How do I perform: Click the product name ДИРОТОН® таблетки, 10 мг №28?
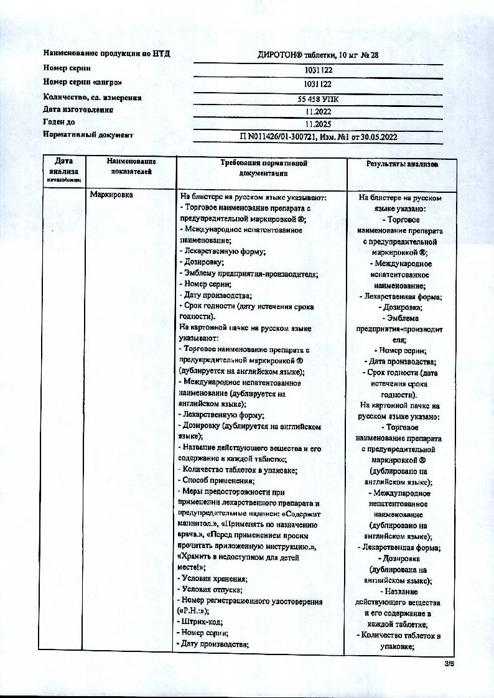pos(318,55)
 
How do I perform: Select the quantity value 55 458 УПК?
pos(318,99)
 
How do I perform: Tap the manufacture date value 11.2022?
pos(318,112)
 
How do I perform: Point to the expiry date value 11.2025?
pos(318,124)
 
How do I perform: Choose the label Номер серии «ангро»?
pos(82,82)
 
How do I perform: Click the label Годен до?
pos(59,122)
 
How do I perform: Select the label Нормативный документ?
pos(88,134)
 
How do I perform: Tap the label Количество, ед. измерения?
pos(92,97)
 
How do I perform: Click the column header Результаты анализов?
pos(402,164)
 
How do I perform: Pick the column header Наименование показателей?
pos(131,166)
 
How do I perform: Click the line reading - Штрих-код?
pos(200,621)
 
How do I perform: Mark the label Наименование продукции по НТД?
pos(106,54)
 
